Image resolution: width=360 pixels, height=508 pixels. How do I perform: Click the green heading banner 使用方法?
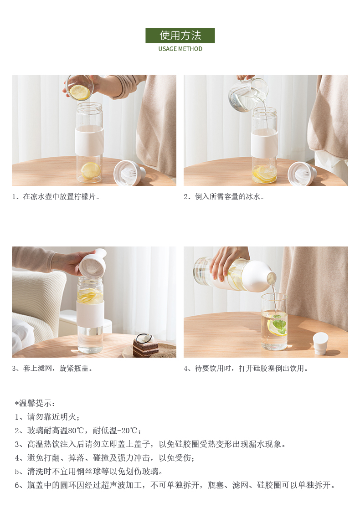180,36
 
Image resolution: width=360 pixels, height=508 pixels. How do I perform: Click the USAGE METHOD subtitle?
180,49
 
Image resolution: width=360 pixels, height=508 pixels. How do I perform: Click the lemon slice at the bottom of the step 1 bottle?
90,171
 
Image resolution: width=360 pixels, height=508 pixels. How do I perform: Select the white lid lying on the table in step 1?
129,173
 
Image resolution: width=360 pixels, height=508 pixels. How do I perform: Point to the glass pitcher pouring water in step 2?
248,94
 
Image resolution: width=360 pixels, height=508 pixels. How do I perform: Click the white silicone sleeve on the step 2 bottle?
264,143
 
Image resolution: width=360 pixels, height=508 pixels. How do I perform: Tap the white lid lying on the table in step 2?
302,174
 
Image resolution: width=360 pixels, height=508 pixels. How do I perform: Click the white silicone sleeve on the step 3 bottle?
90,313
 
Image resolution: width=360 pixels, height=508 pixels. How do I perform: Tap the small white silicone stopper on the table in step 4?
320,343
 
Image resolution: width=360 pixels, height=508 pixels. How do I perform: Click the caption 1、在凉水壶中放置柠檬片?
56,197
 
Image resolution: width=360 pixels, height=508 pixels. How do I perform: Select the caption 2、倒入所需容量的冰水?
224,197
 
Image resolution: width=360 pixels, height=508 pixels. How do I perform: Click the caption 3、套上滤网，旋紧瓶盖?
52,369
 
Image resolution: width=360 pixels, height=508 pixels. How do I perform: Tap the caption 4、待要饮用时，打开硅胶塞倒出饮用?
246,369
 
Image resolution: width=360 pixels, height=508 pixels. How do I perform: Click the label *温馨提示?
35,403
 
